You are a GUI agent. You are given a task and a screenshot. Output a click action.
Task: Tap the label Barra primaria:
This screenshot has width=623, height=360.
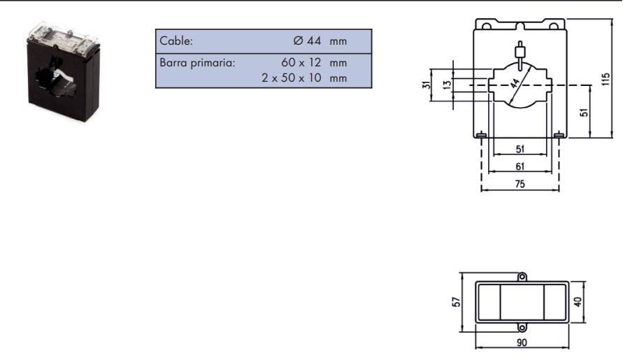point(197,63)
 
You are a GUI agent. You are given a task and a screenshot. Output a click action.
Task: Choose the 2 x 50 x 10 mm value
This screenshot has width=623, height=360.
point(304,78)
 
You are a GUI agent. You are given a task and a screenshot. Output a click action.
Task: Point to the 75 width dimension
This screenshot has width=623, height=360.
point(520,185)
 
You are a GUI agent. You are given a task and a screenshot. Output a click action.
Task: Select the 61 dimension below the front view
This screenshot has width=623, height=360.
point(520,167)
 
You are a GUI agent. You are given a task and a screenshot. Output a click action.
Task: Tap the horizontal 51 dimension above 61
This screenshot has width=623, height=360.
point(520,150)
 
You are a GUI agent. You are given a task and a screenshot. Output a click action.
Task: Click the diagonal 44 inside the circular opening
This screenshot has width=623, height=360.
point(516,86)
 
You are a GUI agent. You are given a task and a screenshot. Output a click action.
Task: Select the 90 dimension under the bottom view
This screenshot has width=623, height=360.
point(521,343)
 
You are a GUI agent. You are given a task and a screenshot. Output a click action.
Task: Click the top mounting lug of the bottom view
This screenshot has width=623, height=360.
point(522,277)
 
